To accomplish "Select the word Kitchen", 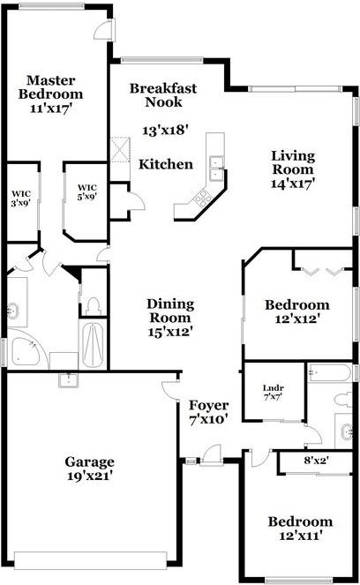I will pos(166,164).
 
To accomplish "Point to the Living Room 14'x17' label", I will pos(292,169).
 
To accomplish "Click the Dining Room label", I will pos(170,317).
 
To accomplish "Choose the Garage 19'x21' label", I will pos(89,469).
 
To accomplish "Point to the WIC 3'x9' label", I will pos(21,199).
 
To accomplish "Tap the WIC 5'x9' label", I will pos(86,192).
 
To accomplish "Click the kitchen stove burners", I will pos(202,198).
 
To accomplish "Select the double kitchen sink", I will pos(216,168).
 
